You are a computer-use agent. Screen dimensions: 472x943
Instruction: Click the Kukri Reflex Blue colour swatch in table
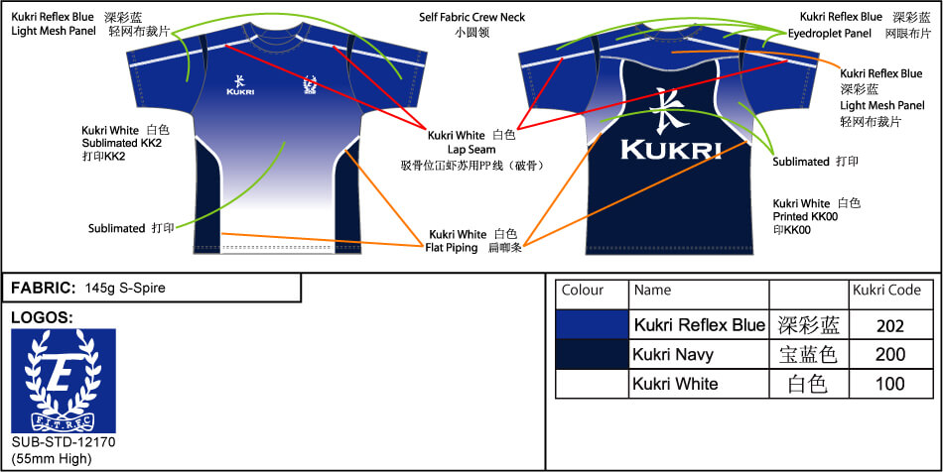pos(592,325)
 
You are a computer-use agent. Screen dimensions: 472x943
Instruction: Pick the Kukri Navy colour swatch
pos(592,355)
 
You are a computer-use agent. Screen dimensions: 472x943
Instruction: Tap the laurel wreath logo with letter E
pos(64,381)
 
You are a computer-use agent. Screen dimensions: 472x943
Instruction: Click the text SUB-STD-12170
pos(64,441)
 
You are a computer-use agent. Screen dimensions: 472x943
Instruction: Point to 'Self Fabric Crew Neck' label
pos(471,18)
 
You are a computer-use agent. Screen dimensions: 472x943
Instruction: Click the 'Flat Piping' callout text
pos(453,247)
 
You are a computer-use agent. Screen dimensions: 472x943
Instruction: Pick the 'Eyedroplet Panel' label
pos(831,33)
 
